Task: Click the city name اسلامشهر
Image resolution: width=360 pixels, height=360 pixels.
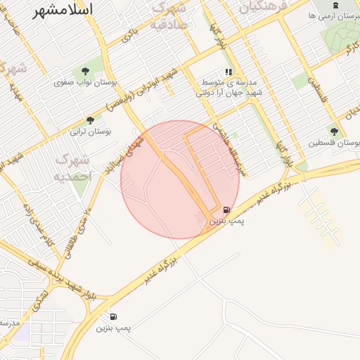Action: point(63,10)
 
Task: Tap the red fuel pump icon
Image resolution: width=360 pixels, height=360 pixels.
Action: point(226,210)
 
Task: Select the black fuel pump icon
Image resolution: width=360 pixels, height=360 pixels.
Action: point(114,316)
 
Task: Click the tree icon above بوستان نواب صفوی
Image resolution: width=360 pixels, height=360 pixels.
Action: point(86,71)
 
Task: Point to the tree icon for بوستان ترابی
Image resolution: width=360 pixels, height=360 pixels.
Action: point(89,120)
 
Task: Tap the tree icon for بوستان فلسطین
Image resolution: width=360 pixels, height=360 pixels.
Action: point(334,131)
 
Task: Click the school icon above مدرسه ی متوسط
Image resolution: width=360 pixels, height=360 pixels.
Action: point(229,72)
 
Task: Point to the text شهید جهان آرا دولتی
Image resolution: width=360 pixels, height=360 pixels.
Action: point(228,92)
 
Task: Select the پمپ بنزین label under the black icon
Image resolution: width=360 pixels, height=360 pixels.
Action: point(114,328)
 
